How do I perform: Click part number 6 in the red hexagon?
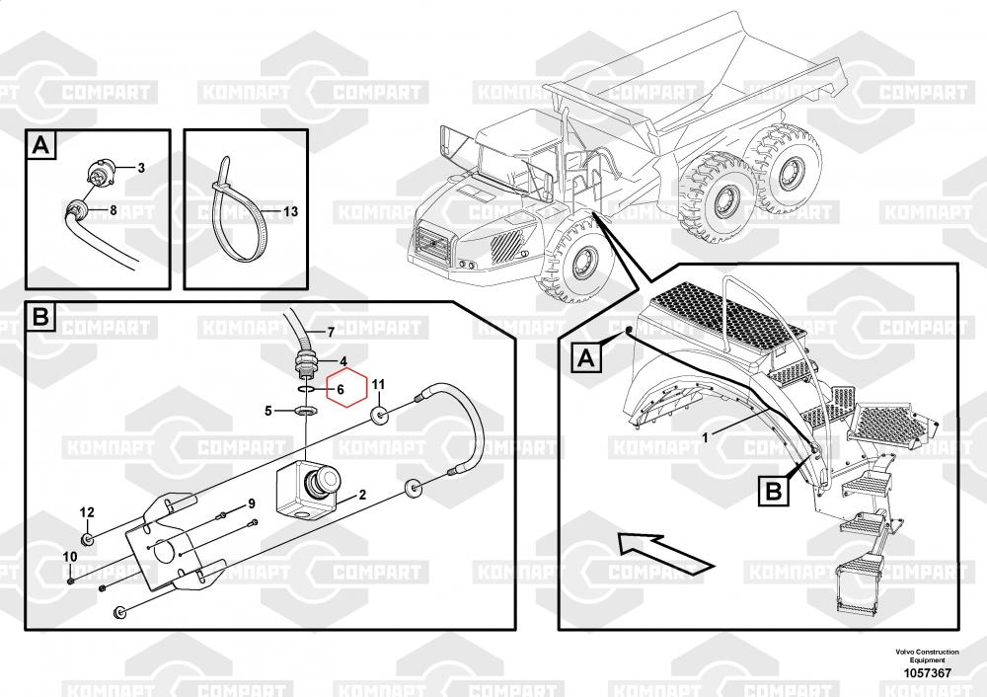(341, 390)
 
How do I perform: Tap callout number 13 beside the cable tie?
(290, 211)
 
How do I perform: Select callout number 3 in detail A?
(141, 168)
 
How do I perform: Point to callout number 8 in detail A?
(114, 210)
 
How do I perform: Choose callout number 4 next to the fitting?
(343, 362)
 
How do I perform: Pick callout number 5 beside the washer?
(268, 411)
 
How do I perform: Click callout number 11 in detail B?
(378, 385)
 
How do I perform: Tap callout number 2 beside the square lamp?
(362, 495)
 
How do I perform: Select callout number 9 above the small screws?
(252, 503)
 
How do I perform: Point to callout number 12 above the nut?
(87, 512)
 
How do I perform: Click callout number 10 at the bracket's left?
(70, 557)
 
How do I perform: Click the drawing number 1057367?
(927, 673)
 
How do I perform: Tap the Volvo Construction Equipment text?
(927, 656)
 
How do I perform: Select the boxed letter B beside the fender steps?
(773, 490)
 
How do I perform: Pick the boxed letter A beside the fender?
(586, 358)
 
